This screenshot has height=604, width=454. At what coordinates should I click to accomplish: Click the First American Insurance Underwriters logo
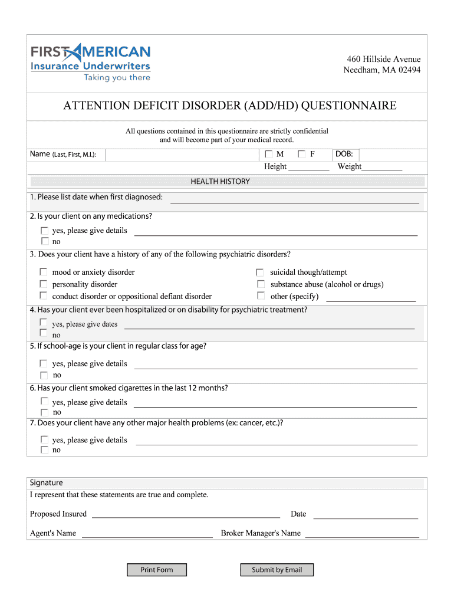pos(91,63)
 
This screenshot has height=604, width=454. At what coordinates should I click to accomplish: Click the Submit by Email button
pos(277,570)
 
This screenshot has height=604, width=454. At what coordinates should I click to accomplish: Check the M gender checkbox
pos(269,155)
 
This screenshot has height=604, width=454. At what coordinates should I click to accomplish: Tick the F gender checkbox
pos(302,155)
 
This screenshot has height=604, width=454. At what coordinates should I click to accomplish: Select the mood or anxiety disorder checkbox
pos(44,272)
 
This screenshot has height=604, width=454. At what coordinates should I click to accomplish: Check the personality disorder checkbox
pos(44,284)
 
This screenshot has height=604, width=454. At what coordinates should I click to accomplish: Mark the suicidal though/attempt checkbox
pos(260,272)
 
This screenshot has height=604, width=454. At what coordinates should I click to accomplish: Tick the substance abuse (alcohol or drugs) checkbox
pos(260,284)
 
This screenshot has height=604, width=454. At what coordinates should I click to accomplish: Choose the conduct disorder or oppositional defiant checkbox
pos(44,296)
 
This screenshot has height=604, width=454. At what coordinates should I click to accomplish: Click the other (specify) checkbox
pos(260,296)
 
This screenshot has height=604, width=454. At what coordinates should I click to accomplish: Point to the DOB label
pos(344,154)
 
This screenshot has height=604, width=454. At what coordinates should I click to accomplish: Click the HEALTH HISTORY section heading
pos(220,182)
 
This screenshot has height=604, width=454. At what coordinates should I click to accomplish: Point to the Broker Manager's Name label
pos(261,533)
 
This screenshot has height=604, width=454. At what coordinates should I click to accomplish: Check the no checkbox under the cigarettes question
pos(44,412)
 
